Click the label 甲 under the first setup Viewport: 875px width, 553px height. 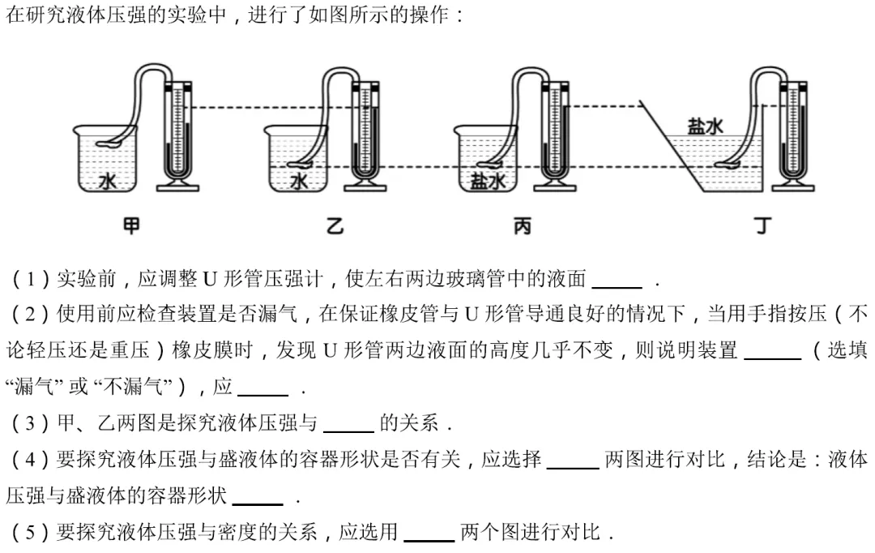coord(131,225)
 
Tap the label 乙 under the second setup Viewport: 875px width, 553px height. coord(335,225)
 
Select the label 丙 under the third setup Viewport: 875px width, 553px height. coord(523,225)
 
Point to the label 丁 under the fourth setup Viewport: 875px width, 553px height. coord(763,225)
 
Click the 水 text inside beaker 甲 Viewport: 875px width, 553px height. coord(107,181)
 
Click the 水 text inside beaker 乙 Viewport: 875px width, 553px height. coord(298,181)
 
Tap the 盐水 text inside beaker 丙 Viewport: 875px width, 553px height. coord(488,181)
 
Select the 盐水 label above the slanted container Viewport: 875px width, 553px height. coord(705,126)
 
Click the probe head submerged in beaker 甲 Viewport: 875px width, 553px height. coord(109,144)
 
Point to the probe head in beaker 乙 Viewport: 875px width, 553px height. coord(301,165)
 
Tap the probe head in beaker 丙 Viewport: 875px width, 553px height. coord(490,165)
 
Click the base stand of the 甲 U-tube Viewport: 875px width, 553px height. coord(178,186)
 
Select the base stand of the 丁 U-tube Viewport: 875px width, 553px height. coord(793,186)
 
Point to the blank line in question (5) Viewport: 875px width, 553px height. coord(429,540)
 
